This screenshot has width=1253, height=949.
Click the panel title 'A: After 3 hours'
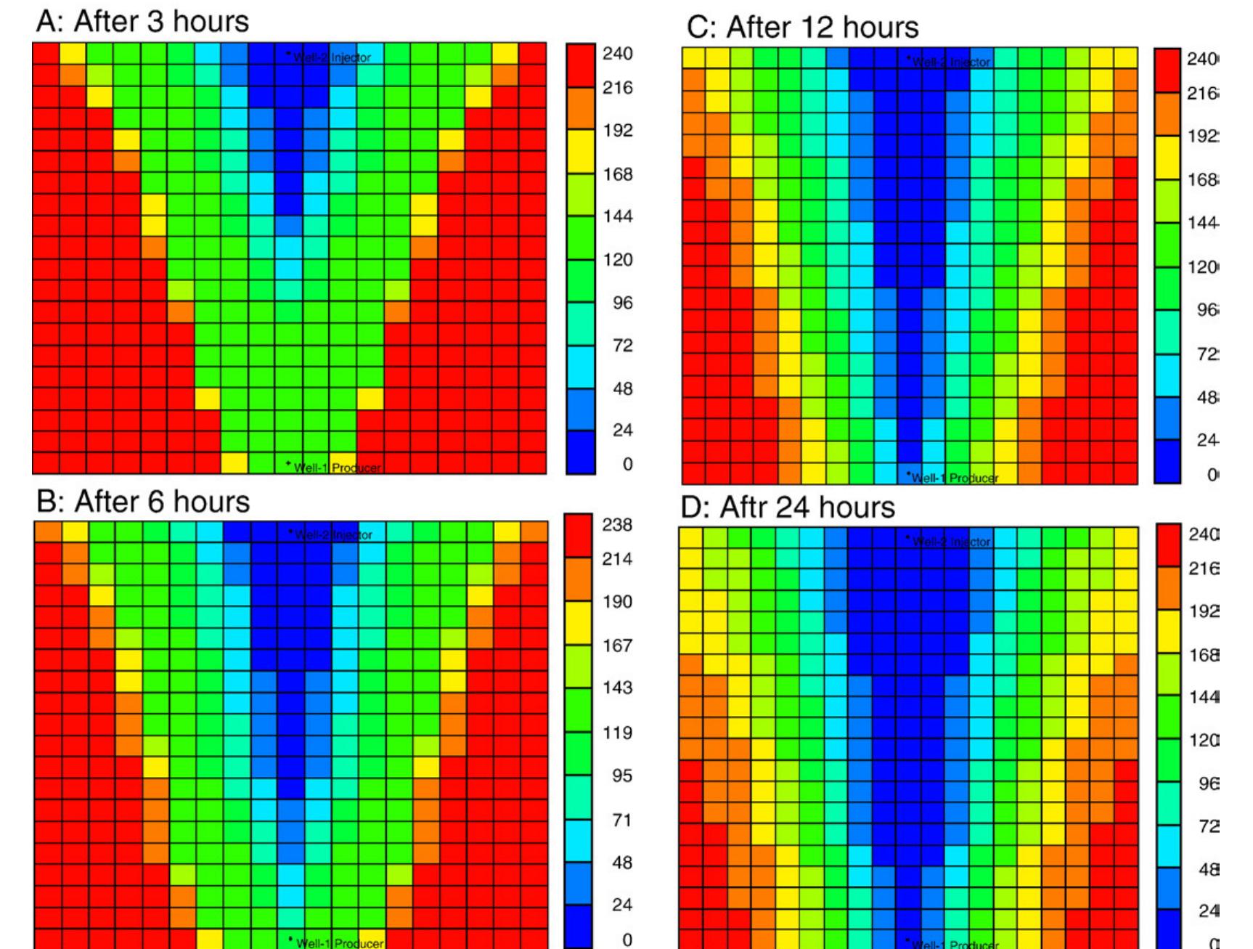pyautogui.click(x=142, y=22)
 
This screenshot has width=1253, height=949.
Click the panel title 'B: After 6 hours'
pyautogui.click(x=143, y=502)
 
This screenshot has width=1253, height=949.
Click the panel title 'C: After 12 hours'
pyautogui.click(x=802, y=28)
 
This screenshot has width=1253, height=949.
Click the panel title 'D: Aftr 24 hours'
pyautogui.click(x=787, y=507)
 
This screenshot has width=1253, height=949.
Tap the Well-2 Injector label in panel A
pyautogui.click(x=331, y=57)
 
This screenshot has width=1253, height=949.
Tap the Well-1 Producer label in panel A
pyautogui.click(x=336, y=468)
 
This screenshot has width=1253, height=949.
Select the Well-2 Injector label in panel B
pyautogui.click(x=332, y=534)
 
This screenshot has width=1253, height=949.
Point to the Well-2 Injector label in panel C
pyautogui.click(x=950, y=62)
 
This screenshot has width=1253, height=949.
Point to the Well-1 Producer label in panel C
pyautogui.click(x=954, y=478)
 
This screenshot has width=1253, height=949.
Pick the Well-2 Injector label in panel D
pyautogui.click(x=950, y=542)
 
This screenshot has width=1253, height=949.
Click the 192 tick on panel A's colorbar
pyautogui.click(x=618, y=131)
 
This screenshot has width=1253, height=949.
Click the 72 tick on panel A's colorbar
pyautogui.click(x=622, y=346)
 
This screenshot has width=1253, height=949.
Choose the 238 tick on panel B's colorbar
pyautogui.click(x=617, y=525)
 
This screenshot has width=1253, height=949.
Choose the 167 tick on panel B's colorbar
pyautogui.click(x=617, y=645)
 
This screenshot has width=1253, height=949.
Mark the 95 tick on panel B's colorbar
pyautogui.click(x=621, y=776)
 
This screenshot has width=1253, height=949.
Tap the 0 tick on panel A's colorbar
pyautogui.click(x=627, y=464)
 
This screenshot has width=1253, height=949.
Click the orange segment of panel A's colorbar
pyautogui.click(x=580, y=109)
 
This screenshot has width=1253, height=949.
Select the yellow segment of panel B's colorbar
pyautogui.click(x=579, y=622)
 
